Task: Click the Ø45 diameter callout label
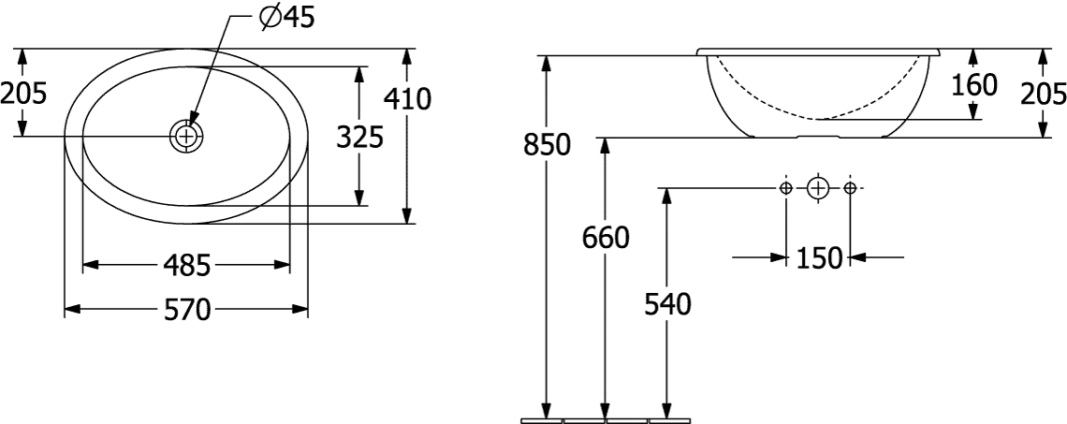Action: point(287,18)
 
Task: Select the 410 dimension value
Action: point(407,100)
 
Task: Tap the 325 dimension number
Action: point(360,138)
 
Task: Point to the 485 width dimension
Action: point(186,265)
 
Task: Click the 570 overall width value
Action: point(186,311)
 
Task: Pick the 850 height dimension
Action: point(547,145)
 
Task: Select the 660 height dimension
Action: point(606,238)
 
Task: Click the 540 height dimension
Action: point(667,304)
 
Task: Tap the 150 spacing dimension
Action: point(819,258)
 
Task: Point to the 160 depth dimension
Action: point(973,85)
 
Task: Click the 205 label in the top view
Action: point(23,93)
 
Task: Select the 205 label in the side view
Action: point(1044,94)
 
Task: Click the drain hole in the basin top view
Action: point(185,136)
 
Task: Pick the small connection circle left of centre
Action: point(786,187)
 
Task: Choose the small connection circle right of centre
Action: point(849,187)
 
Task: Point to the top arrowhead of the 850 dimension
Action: point(546,64)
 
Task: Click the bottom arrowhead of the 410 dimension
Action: point(407,214)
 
